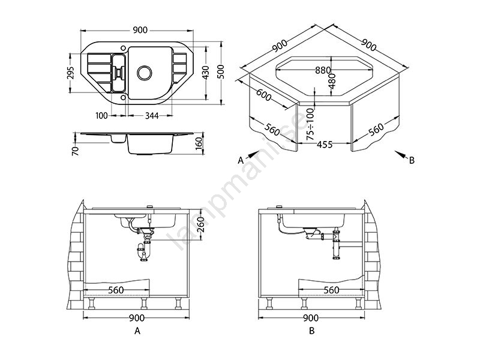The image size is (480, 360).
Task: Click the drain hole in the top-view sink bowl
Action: tap(145, 73)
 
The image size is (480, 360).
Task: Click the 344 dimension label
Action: tap(152, 116)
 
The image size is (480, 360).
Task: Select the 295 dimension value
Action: tap(71, 73)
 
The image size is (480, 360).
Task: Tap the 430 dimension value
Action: tap(206, 73)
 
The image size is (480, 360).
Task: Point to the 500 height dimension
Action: tap(222, 72)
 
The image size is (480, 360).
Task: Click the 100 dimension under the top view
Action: tap(101, 116)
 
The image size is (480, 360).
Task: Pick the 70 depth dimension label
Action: tap(76, 151)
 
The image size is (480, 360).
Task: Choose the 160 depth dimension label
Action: tap(199, 144)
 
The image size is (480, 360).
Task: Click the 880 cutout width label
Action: tap(323, 70)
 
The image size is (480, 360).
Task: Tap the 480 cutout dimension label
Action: tap(332, 81)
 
